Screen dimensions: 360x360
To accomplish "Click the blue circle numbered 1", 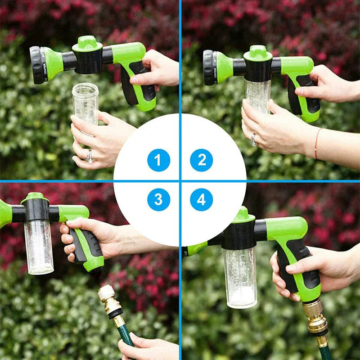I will coord(158,160).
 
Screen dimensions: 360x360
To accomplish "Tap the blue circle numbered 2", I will coord(202,160).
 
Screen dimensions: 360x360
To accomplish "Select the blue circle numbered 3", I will coord(158,200).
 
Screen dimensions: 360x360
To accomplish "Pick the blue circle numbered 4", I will coord(202,200).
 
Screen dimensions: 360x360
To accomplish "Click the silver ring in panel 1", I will coord(90,156).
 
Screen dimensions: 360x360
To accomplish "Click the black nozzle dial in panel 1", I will coord(37,65).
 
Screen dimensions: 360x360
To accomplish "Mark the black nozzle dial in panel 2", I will coord(209,67).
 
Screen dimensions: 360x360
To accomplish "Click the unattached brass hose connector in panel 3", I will coord(109,302).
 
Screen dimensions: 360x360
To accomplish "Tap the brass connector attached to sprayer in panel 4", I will coord(315,317).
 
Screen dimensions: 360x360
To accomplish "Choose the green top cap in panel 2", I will coord(258,53).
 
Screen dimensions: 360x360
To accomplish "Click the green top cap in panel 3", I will coord(35,197).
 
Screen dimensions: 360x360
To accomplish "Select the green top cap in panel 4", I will coord(243,216).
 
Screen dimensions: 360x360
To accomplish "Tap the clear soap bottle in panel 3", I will coord(39,246).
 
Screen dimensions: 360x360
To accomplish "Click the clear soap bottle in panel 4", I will coord(240,277).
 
